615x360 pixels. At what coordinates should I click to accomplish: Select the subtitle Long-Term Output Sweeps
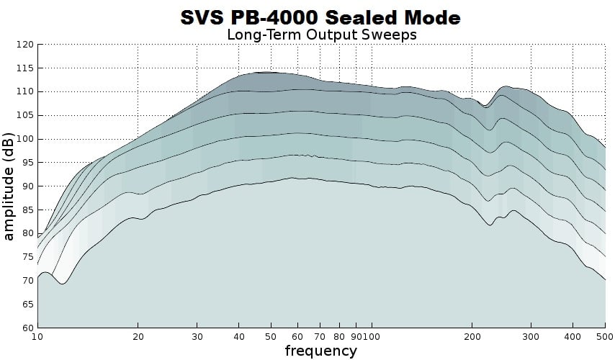321,34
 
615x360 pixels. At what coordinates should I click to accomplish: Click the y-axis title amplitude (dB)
9,186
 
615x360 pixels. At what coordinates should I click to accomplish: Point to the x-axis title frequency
320,351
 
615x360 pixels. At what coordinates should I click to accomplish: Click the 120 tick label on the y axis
25,45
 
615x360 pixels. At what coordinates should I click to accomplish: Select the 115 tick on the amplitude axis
25,68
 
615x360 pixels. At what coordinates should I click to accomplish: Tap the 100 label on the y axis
25,139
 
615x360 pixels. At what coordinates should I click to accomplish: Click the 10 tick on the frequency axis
37,336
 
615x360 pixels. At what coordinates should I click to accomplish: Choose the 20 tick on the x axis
139,336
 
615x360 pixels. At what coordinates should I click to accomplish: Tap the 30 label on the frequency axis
199,336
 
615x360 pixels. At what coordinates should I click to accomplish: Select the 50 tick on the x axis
271,336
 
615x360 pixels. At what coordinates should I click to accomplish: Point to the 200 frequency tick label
472,336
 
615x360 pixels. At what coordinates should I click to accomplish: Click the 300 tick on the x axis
531,336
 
